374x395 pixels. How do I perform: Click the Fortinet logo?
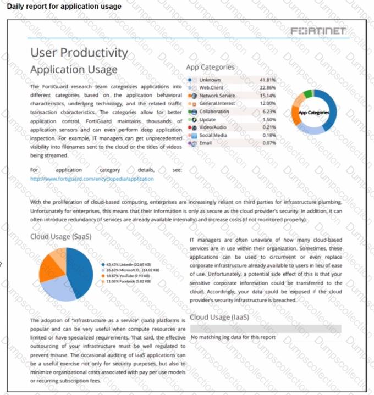point(319,31)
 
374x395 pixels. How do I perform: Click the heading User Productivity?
point(79,53)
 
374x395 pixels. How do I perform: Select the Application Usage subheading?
point(74,70)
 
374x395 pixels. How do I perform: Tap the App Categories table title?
point(210,67)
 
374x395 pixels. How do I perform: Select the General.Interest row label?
point(217,103)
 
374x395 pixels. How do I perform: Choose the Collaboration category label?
point(214,111)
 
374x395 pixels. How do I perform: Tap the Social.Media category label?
point(213,135)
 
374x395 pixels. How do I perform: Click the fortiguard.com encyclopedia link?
point(92,179)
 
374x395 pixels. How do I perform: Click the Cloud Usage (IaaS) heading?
point(219,317)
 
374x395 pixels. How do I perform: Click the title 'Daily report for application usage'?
point(64,7)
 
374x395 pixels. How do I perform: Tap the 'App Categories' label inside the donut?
point(314,113)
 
